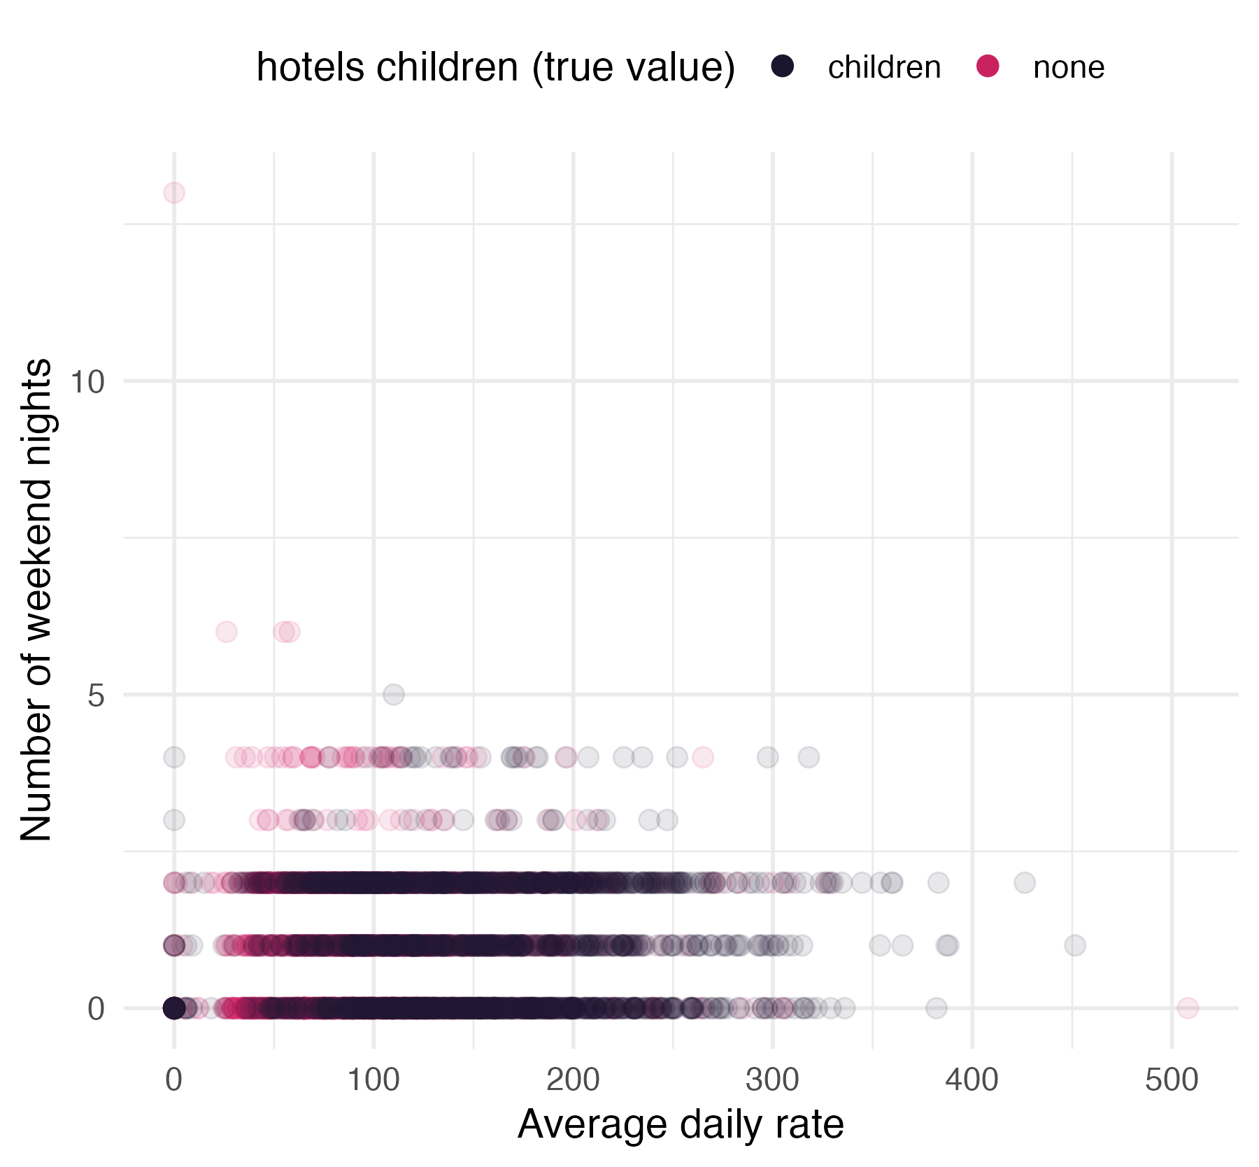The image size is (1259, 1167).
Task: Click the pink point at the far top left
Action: click(174, 192)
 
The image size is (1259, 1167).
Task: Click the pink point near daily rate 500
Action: click(1188, 1008)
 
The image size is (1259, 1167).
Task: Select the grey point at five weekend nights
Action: click(394, 695)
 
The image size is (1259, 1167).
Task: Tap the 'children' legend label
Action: click(884, 68)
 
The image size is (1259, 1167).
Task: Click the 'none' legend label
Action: click(1068, 68)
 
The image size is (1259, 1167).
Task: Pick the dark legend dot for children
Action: click(783, 66)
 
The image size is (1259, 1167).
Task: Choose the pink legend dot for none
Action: click(988, 66)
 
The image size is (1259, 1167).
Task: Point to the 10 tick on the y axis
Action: click(87, 382)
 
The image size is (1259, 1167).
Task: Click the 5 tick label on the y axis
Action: click(96, 696)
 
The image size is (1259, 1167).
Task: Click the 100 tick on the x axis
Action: click(374, 1080)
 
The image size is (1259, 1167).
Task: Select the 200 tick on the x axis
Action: click(573, 1080)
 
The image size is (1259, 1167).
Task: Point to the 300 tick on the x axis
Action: click(772, 1080)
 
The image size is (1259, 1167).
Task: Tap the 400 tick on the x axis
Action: click(972, 1080)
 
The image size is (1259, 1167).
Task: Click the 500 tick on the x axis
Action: click(1172, 1080)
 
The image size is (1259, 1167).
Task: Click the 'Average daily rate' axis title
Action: click(681, 1124)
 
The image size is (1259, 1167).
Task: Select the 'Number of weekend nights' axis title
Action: click(36, 600)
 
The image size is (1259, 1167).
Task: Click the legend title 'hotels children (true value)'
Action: click(495, 68)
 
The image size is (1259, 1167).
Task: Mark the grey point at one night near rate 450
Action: click(1075, 945)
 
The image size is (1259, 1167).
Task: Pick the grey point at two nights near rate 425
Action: click(1025, 883)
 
